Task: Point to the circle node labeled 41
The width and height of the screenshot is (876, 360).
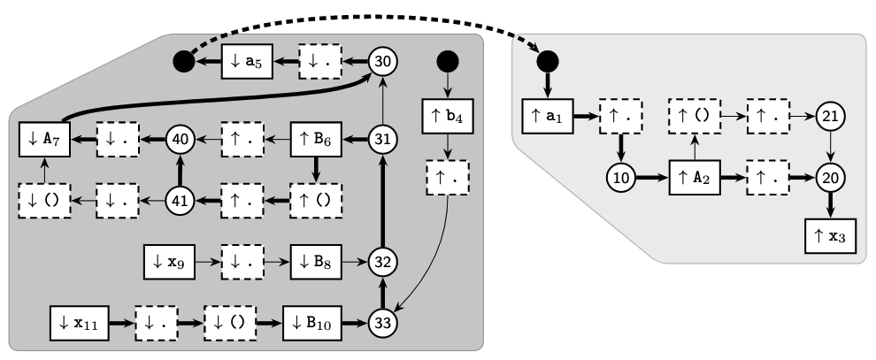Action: pos(181,201)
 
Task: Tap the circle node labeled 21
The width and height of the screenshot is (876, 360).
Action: pos(830,115)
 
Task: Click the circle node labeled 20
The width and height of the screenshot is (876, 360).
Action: pos(830,177)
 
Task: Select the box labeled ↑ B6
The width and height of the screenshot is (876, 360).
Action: pos(316,139)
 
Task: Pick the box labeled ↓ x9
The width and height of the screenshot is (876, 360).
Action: pos(169,263)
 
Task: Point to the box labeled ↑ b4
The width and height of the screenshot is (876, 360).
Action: pos(448,116)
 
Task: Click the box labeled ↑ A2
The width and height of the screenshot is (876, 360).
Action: pos(695,177)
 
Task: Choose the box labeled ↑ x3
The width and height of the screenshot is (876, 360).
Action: pos(830,238)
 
